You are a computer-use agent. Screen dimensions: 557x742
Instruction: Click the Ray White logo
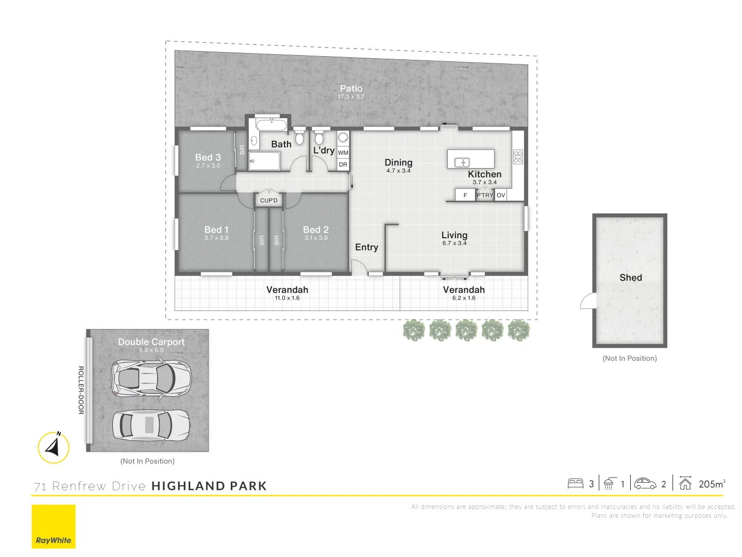[54, 527]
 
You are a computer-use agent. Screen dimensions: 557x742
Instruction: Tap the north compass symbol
[54, 447]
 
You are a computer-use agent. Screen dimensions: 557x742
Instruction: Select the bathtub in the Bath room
[271, 125]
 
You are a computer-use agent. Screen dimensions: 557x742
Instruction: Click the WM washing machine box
[343, 153]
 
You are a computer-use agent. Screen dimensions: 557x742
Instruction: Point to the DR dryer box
[343, 165]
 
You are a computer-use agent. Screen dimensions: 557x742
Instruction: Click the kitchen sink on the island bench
[462, 162]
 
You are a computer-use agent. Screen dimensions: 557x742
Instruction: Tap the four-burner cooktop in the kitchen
[518, 157]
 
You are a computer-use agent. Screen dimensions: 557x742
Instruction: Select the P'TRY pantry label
[485, 195]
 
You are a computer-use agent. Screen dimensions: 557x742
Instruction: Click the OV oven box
[501, 195]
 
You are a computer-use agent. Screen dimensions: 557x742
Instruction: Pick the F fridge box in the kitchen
[465, 195]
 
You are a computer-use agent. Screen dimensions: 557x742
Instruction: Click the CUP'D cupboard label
[269, 201]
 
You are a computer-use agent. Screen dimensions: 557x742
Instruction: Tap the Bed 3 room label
[208, 157]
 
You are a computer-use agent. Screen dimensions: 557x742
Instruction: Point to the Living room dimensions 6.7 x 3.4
[454, 243]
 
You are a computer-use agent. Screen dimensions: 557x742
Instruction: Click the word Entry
[366, 248]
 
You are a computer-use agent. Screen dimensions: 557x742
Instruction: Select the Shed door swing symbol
[588, 301]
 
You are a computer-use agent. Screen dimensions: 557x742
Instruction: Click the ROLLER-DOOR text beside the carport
[81, 390]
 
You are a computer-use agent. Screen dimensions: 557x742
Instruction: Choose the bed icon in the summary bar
[576, 484]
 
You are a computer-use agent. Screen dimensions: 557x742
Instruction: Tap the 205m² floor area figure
[712, 484]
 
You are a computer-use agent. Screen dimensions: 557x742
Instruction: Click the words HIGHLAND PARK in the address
[209, 486]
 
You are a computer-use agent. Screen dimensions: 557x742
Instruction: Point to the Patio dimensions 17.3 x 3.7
[351, 97]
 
